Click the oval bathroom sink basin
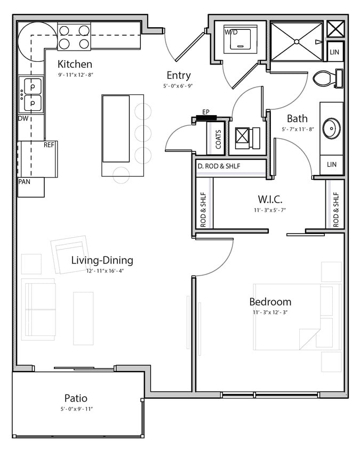coord(332,128)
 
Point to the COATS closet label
coord(219,139)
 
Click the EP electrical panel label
coord(206,112)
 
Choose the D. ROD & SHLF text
coord(219,166)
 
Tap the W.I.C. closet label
coord(270,199)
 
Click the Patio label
coord(76,398)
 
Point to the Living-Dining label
coord(102,260)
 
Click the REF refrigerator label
coord(49,144)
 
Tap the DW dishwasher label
coord(23,118)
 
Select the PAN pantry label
coord(25,182)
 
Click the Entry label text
coord(178,75)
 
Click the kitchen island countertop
coord(116,128)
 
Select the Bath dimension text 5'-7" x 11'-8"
coord(298,129)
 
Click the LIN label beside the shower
coord(334,52)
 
